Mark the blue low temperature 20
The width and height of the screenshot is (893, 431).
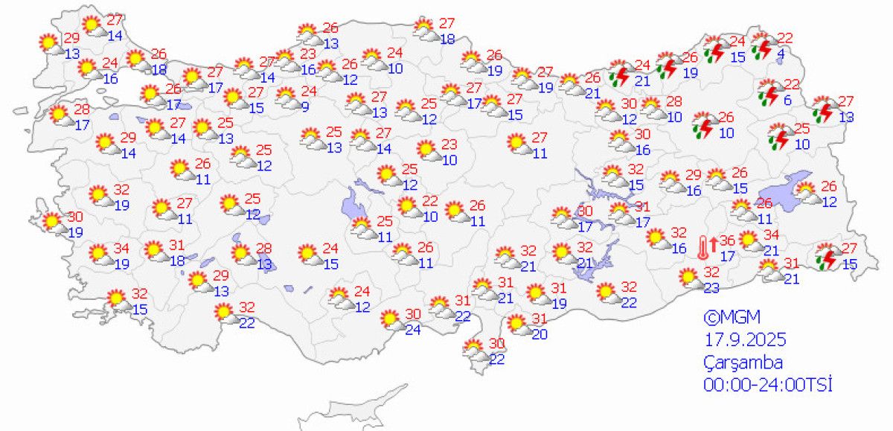pyautogui.click(x=540, y=334)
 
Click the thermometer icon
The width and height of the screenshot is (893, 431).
pyautogui.click(x=703, y=246)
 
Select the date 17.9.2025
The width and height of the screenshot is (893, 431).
pyautogui.click(x=745, y=340)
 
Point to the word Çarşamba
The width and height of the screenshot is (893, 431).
pyautogui.click(x=743, y=363)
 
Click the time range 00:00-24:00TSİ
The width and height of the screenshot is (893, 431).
pyautogui.click(x=767, y=385)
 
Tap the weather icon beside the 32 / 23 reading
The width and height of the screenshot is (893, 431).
pyautogui.click(x=690, y=278)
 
